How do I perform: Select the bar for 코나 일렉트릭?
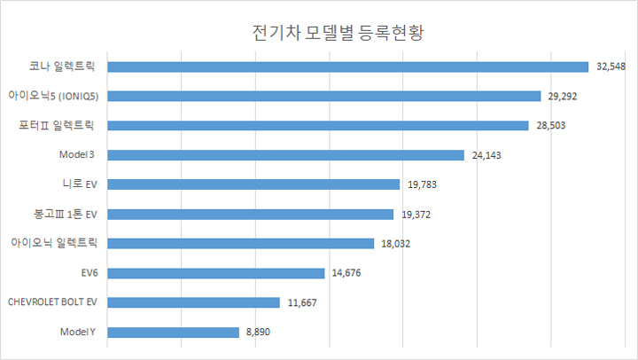[347, 67]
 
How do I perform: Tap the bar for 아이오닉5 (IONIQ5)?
[323, 96]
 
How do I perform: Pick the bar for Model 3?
[285, 155]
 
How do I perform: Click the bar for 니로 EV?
[253, 184]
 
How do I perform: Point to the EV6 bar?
[215, 273]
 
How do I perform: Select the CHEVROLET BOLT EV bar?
[193, 302]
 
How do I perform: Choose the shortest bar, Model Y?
[173, 332]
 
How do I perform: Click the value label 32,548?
[611, 67]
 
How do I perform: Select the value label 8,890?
[259, 332]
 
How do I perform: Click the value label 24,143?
[487, 155]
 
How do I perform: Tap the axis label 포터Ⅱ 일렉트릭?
[62, 126]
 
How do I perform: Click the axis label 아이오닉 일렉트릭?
[54, 244]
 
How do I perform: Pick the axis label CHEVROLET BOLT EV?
[51, 302]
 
